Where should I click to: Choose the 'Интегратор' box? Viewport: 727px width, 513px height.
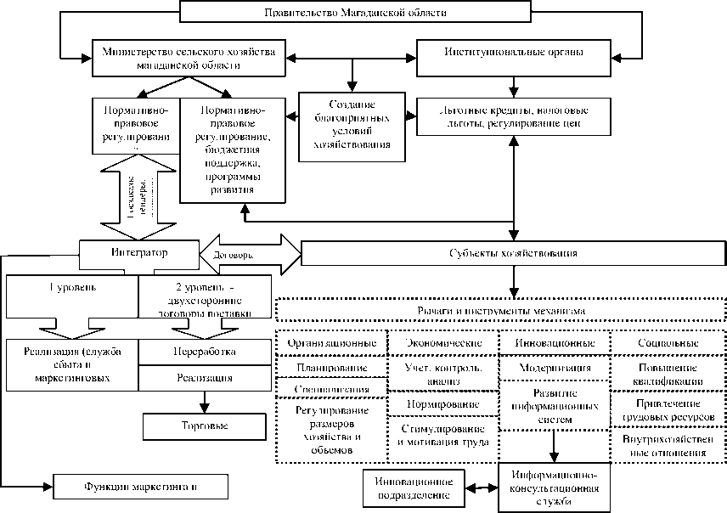(138, 252)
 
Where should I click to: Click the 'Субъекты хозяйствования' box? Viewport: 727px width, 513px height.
(512, 253)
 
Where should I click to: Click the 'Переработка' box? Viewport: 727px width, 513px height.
(204, 350)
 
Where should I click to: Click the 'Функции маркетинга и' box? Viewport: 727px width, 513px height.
(140, 487)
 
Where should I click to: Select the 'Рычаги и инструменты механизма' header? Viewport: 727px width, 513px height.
(501, 311)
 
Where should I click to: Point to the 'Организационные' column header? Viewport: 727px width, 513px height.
(332, 342)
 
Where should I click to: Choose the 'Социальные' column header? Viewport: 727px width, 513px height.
(667, 342)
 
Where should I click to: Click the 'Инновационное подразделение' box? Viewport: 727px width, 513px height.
(413, 487)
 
